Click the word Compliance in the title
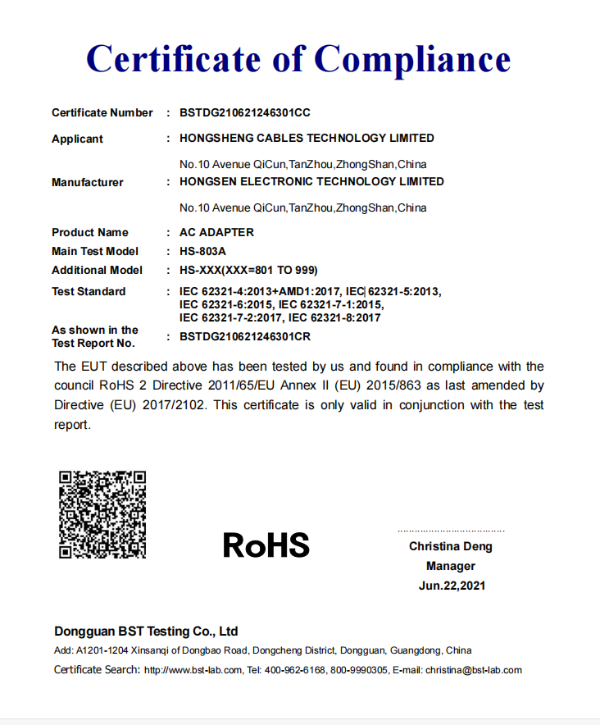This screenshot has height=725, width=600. click(412, 59)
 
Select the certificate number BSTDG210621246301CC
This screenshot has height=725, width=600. click(244, 112)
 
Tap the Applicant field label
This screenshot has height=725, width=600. click(77, 139)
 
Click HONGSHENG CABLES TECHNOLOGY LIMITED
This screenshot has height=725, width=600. click(307, 138)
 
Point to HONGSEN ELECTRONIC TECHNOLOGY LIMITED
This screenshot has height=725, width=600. click(311, 181)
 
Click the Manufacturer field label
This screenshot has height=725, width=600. click(88, 182)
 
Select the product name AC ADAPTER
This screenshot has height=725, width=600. click(216, 232)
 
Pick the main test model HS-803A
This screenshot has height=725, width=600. click(202, 251)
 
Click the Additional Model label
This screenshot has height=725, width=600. click(97, 270)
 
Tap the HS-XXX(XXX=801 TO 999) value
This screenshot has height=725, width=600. click(248, 270)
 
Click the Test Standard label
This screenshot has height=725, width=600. click(89, 291)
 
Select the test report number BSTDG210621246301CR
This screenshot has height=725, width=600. click(244, 336)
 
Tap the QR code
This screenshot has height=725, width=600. click(102, 514)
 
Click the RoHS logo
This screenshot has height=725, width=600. click(266, 545)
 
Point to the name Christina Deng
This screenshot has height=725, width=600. click(451, 546)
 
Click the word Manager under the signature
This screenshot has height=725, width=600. click(451, 566)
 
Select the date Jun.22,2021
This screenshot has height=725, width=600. click(452, 586)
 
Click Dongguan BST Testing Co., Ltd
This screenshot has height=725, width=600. click(146, 632)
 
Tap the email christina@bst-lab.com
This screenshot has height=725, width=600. click(473, 670)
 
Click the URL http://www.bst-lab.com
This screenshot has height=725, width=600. click(193, 670)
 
